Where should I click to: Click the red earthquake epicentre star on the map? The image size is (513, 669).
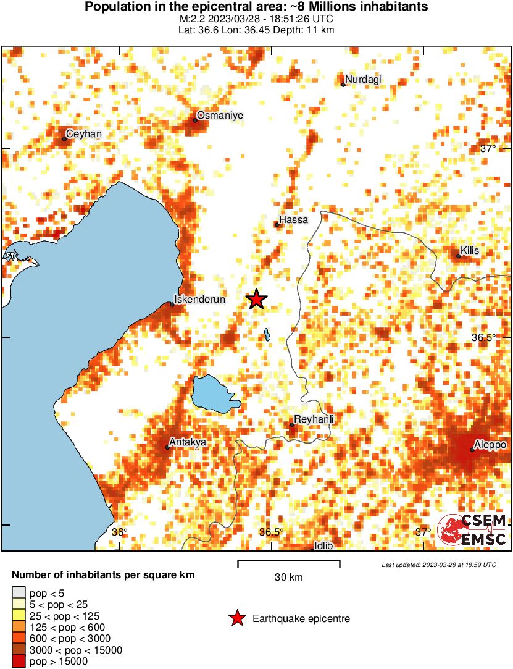(x=257, y=300)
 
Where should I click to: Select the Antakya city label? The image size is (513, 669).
(x=188, y=442)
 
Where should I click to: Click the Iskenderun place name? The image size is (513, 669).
(x=200, y=300)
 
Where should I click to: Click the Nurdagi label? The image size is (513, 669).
(x=363, y=79)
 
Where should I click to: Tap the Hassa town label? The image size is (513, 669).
(x=293, y=219)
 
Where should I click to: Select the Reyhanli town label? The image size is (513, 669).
(x=314, y=420)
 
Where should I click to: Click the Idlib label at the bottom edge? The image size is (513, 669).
(x=323, y=545)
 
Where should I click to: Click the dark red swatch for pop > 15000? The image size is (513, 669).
(x=19, y=662)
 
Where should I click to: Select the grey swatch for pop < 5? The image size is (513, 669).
(x=19, y=593)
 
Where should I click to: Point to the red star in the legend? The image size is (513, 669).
(x=236, y=618)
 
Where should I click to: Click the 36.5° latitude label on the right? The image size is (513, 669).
(x=484, y=337)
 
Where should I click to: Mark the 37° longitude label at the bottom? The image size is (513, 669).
(x=423, y=532)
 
